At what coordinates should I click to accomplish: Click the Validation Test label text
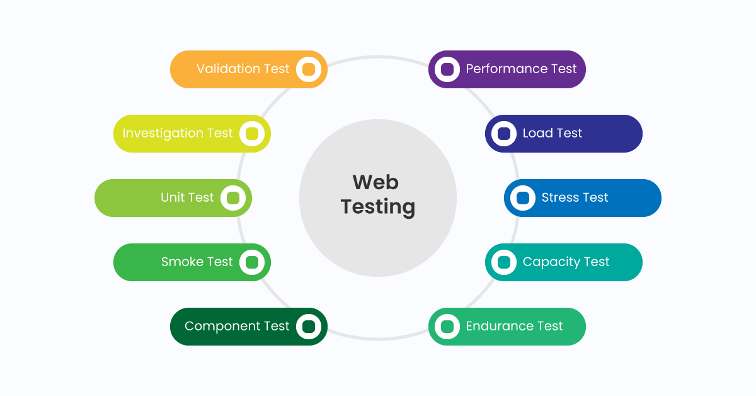(243, 69)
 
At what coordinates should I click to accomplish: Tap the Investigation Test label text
(178, 133)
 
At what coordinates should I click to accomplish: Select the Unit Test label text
(187, 197)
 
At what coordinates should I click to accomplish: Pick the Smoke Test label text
(197, 262)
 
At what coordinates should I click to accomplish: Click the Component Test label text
(237, 326)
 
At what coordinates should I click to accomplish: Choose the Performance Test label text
(521, 69)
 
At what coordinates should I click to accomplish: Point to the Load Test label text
(552, 133)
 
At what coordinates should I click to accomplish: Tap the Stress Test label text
(575, 197)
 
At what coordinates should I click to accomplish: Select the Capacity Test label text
(566, 262)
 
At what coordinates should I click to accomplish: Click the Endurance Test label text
(514, 326)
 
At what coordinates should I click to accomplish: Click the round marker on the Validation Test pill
(309, 69)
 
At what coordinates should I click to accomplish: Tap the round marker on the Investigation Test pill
(252, 134)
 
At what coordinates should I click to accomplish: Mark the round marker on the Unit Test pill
(233, 198)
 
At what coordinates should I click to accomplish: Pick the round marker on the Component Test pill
(309, 327)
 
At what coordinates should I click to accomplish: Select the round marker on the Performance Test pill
(447, 69)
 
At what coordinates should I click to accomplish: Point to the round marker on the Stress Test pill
(523, 198)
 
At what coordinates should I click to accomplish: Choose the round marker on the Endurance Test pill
(447, 327)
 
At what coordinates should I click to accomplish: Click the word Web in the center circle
(375, 182)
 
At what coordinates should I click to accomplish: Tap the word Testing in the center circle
(378, 207)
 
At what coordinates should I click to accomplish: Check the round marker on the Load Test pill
(504, 134)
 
